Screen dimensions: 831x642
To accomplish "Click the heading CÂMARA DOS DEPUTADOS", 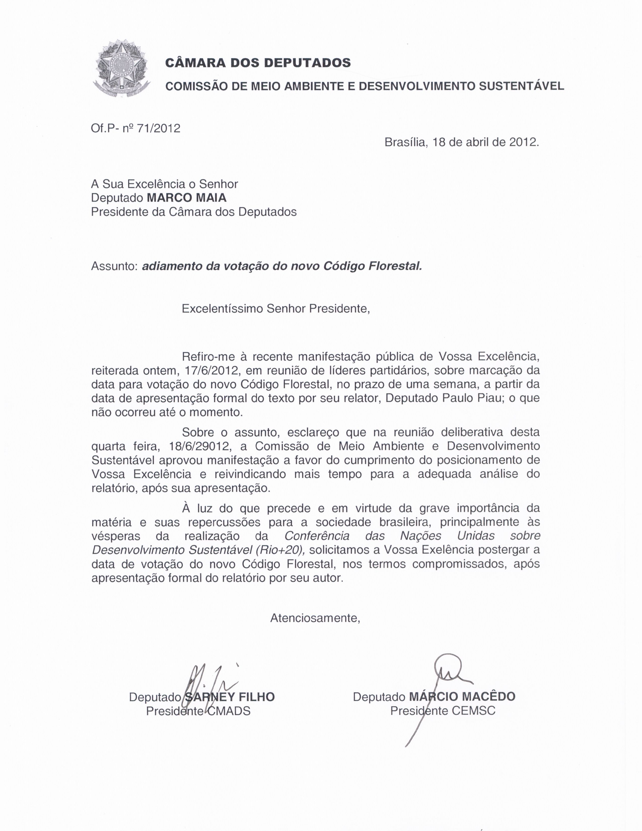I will click(258, 62).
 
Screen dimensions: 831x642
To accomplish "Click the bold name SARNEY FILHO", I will click(229, 697).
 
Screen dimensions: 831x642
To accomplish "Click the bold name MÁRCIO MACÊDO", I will click(462, 697).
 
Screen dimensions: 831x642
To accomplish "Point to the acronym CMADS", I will click(229, 711).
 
